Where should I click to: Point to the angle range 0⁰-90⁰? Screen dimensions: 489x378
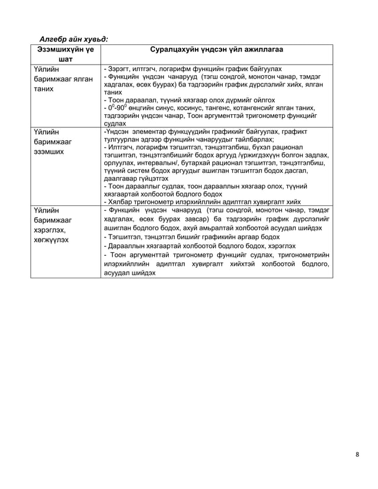click(x=114, y=108)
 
